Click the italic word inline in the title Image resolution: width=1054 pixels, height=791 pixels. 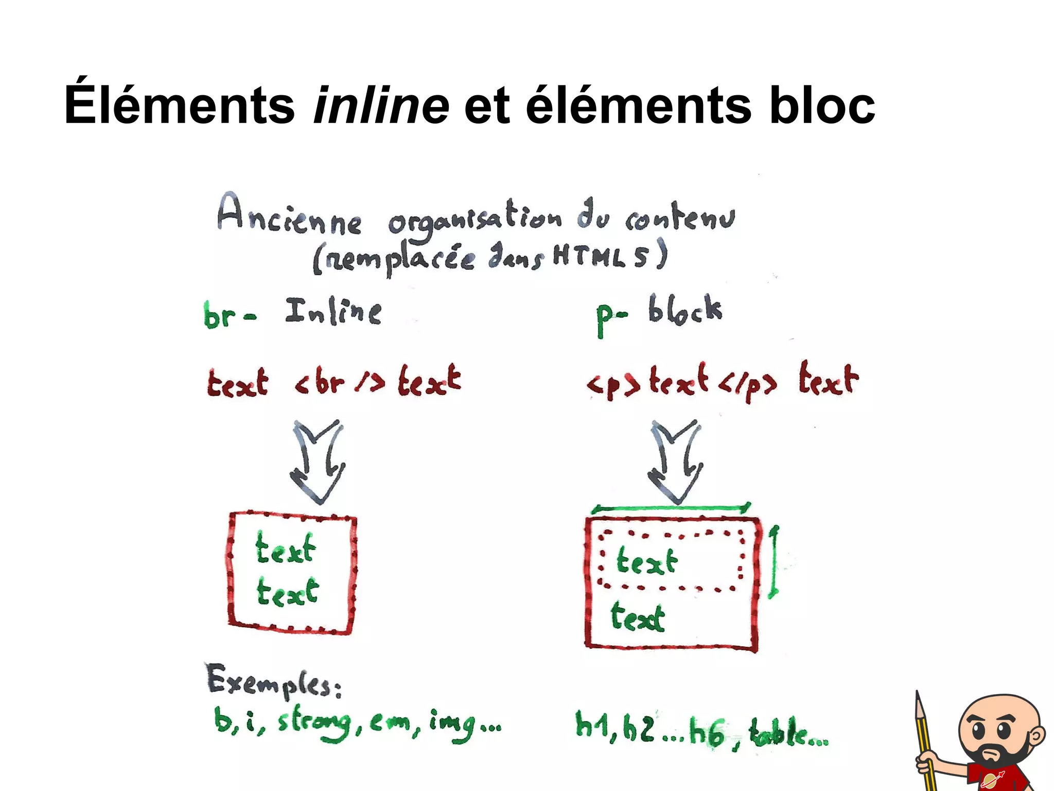381,106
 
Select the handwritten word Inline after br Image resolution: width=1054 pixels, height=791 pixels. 333,312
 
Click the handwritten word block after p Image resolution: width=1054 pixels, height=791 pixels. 684,310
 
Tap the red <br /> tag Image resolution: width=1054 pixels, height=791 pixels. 340,383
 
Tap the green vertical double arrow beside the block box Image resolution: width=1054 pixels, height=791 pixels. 774,562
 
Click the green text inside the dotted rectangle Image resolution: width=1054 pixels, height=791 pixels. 647,561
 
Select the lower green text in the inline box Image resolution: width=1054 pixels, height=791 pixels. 287,592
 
